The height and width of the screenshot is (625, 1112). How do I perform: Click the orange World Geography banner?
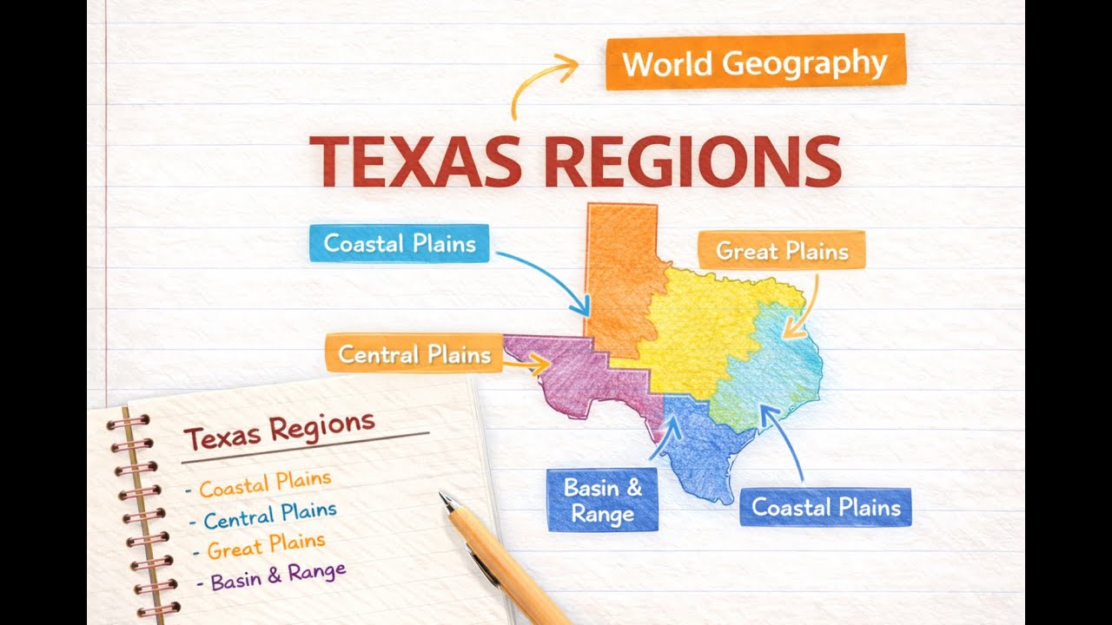[x=755, y=62]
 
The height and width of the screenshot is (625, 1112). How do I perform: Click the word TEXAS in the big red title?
[x=415, y=161]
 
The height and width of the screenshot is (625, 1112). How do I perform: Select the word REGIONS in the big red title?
[x=692, y=161]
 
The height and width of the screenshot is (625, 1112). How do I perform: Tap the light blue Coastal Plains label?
[x=400, y=243]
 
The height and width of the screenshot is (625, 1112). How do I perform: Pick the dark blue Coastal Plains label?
[x=825, y=507]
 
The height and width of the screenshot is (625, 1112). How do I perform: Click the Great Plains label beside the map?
[x=782, y=251]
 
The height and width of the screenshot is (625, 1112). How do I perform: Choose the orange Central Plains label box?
[x=414, y=353]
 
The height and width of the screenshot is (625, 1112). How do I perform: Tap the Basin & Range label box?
[x=602, y=500]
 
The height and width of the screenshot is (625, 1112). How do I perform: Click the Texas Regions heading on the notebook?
[x=279, y=430]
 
